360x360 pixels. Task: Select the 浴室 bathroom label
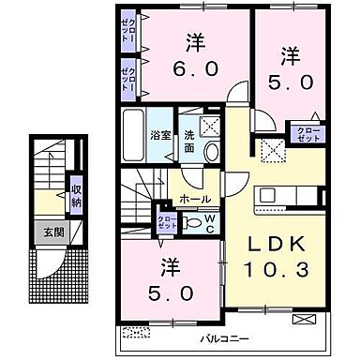(159, 134)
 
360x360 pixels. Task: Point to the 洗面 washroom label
(188, 142)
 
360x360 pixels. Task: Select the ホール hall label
(195, 199)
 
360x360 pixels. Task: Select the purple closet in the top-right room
(307, 133)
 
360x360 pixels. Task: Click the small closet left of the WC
(165, 221)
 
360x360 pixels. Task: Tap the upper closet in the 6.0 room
(128, 31)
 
